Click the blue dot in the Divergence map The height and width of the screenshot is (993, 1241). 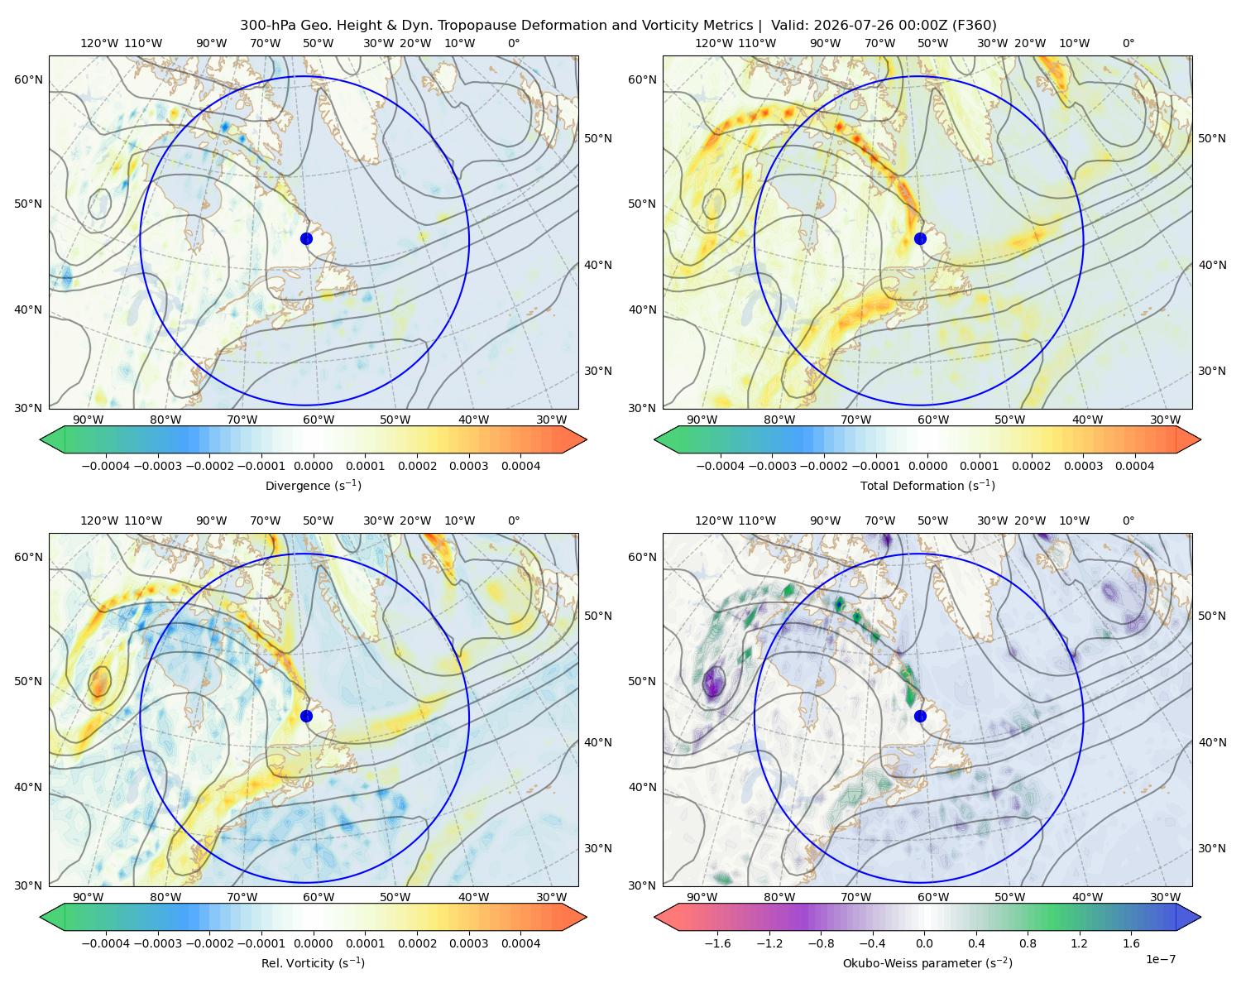[306, 239]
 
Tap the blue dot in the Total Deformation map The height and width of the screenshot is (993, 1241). [920, 239]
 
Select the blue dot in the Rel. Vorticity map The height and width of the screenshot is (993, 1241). [306, 716]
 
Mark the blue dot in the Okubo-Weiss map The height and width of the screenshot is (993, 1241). [920, 716]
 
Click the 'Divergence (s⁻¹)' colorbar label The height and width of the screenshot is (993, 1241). [313, 485]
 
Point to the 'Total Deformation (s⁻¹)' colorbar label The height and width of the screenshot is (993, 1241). [927, 485]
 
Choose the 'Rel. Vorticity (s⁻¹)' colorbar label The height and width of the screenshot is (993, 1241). [313, 963]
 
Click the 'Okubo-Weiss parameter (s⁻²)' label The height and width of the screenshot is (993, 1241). [927, 963]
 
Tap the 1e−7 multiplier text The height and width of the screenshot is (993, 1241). [1160, 960]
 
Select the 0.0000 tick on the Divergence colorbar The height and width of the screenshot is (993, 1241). [313, 466]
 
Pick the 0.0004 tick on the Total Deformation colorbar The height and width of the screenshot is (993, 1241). [1135, 466]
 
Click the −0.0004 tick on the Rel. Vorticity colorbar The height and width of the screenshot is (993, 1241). [106, 943]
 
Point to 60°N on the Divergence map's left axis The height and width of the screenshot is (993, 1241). [28, 79]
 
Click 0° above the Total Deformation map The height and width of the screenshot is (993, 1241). [1128, 43]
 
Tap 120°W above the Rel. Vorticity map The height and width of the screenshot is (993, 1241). [99, 520]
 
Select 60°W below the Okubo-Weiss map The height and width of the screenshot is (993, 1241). [933, 897]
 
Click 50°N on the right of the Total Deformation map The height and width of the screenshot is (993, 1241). [1211, 138]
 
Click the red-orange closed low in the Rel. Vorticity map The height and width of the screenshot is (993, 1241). [99, 683]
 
